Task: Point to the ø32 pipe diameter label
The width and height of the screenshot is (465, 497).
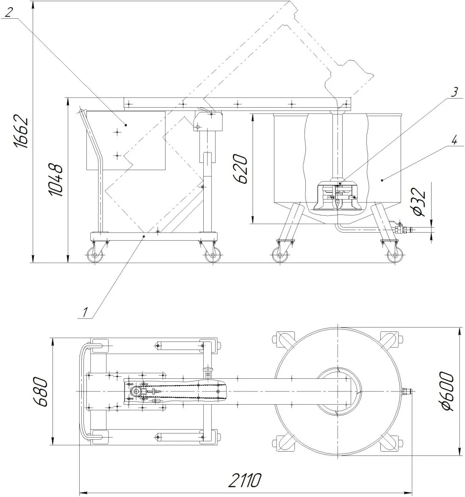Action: (x=419, y=202)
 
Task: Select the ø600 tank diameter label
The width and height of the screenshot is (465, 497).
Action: (x=447, y=391)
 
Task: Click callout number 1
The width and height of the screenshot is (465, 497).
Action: (x=84, y=312)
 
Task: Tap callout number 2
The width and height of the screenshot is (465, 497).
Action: (x=9, y=12)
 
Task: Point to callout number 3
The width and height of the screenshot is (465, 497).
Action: (x=454, y=92)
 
